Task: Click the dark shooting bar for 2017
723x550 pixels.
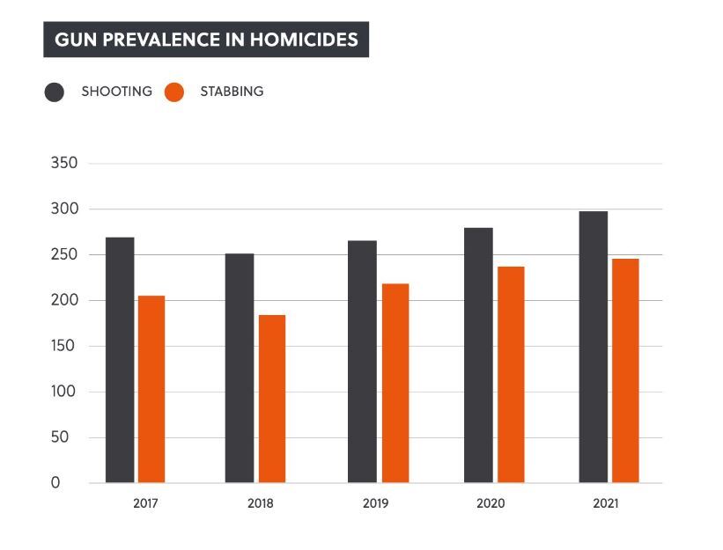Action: click(120, 360)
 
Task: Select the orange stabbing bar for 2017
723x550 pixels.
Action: click(151, 389)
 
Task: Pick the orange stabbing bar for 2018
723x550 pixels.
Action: click(271, 399)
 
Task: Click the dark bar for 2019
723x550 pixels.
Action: click(362, 362)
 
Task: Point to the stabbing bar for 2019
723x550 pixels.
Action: click(395, 383)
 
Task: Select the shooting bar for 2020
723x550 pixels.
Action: click(478, 356)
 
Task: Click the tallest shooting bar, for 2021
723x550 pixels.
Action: click(593, 347)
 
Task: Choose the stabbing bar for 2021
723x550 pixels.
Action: click(625, 370)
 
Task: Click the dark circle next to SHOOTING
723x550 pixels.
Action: click(55, 92)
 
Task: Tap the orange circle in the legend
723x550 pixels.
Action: click(174, 92)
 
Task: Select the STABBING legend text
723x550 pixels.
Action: click(232, 92)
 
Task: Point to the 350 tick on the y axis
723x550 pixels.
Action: click(65, 164)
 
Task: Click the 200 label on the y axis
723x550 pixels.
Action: click(65, 300)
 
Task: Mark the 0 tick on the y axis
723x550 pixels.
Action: click(56, 483)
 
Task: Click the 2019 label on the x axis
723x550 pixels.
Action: click(376, 504)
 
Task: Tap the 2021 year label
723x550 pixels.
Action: click(606, 504)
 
